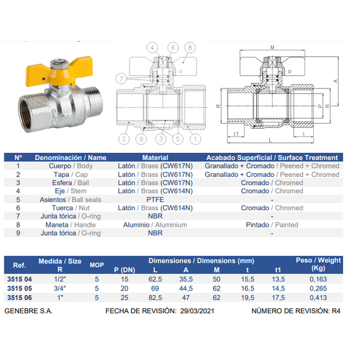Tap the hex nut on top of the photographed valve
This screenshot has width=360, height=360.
point(56,64)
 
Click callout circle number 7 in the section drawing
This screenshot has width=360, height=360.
point(121,79)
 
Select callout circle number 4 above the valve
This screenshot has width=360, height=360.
point(152,48)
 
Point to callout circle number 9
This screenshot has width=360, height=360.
point(141,139)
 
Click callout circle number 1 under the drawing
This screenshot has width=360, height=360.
point(195,139)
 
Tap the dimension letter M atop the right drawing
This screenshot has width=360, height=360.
point(272,47)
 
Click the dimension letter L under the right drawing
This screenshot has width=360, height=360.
point(270,140)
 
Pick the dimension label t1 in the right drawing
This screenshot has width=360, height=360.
point(236,134)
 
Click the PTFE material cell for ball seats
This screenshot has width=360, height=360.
point(155,200)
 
